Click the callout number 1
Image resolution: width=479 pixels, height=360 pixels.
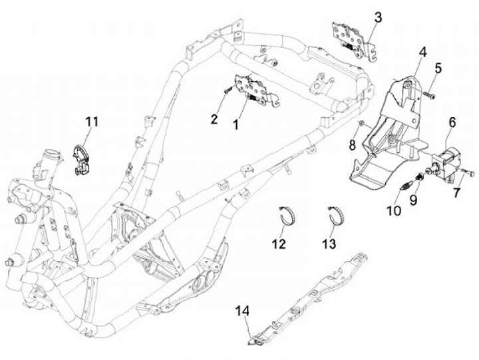pyautogui.click(x=236, y=124)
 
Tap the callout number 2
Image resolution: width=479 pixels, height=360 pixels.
pyautogui.click(x=214, y=118)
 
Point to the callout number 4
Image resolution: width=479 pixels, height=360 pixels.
pyautogui.click(x=423, y=53)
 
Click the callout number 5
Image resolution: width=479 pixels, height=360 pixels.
pyautogui.click(x=438, y=69)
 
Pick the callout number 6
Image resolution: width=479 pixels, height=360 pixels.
pyautogui.click(x=452, y=122)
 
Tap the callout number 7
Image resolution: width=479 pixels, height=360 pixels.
pyautogui.click(x=457, y=193)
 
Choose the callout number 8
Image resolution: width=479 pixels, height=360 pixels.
pyautogui.click(x=353, y=145)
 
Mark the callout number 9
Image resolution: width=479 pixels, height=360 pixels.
pyautogui.click(x=413, y=200)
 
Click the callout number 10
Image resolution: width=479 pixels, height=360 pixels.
pyautogui.click(x=394, y=210)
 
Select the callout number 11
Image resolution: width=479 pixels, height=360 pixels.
pyautogui.click(x=92, y=122)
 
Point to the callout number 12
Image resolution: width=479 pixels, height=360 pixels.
pyautogui.click(x=279, y=244)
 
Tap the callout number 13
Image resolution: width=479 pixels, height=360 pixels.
pyautogui.click(x=329, y=244)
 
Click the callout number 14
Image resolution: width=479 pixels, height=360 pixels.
pyautogui.click(x=242, y=311)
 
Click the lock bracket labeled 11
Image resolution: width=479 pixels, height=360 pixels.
pyautogui.click(x=80, y=160)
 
